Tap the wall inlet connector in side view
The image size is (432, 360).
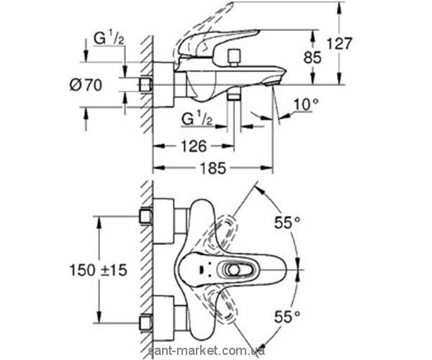[148, 85]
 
